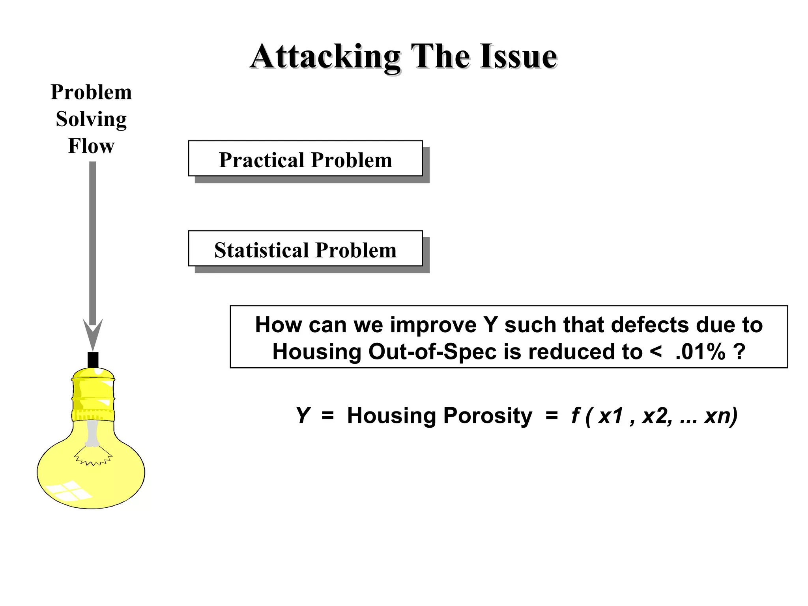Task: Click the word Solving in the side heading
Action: [x=91, y=119]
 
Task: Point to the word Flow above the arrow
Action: [x=91, y=146]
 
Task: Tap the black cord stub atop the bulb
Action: [x=93, y=360]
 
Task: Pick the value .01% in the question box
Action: [x=700, y=352]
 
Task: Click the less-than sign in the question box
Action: [x=655, y=351]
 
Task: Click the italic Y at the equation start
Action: [x=303, y=415]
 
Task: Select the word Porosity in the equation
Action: [x=488, y=415]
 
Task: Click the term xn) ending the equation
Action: [x=720, y=415]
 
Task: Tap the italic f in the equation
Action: [x=575, y=415]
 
